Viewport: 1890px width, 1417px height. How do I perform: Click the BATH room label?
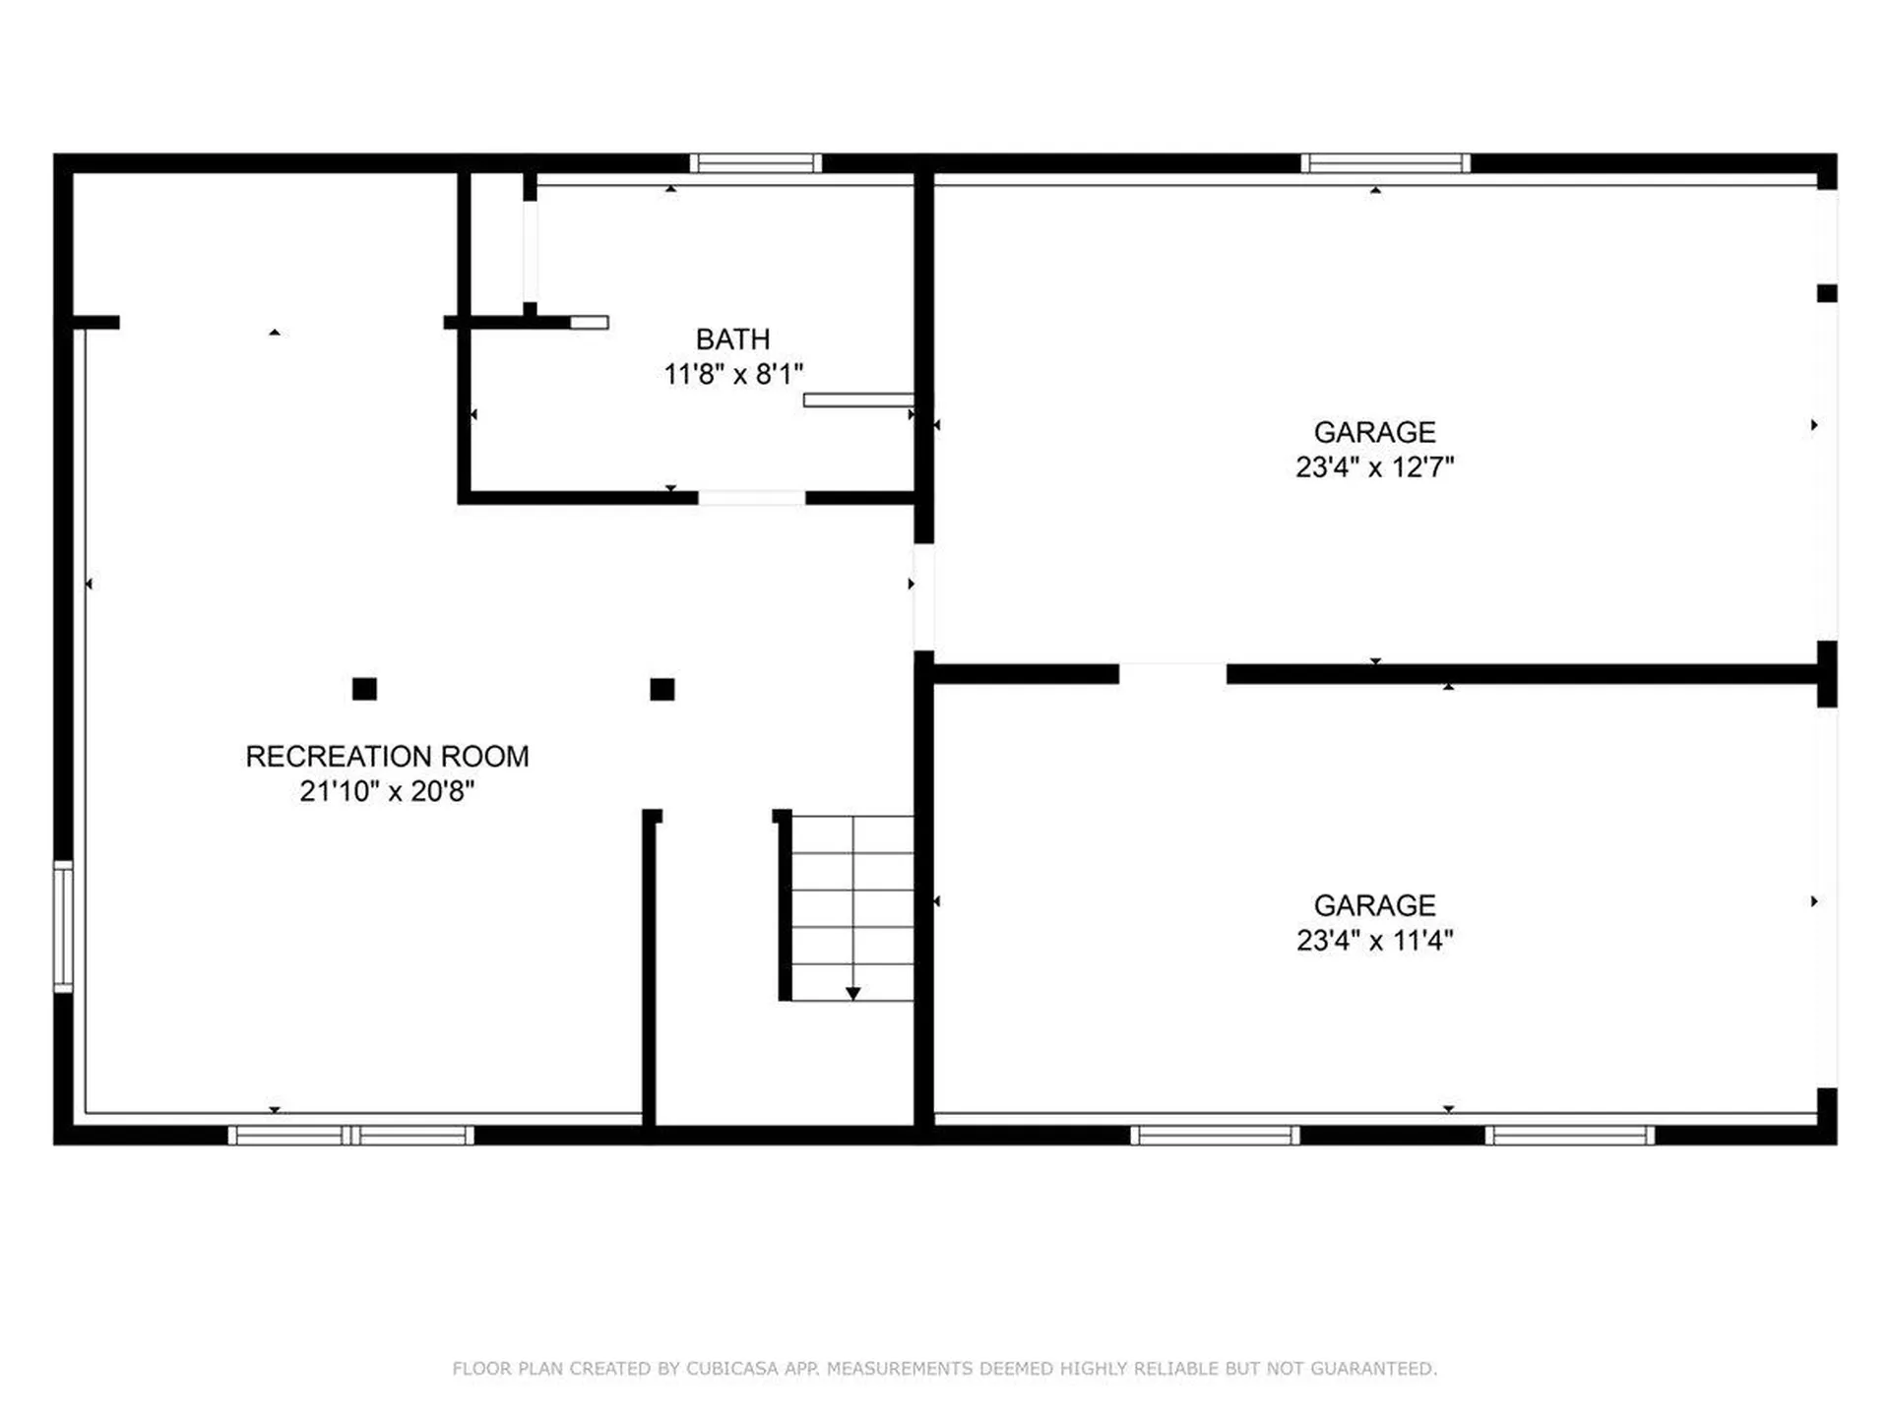pos(732,339)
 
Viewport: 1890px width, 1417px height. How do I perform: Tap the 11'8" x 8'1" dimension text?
pos(732,374)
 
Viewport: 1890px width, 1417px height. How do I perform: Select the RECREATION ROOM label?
pos(387,756)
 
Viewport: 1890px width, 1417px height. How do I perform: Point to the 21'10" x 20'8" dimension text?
pos(387,791)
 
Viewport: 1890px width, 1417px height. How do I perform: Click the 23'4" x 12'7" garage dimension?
pos(1374,467)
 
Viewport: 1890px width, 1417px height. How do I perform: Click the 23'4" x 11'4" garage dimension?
pos(1374,941)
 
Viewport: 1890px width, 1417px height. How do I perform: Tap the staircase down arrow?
pos(852,993)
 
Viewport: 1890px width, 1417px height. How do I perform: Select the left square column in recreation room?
pos(364,689)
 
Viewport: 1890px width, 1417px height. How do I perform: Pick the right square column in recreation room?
pos(662,689)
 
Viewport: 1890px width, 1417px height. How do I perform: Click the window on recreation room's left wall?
pos(63,926)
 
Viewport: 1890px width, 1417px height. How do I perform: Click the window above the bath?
pos(755,163)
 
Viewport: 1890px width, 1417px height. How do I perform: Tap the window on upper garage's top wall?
pos(1385,163)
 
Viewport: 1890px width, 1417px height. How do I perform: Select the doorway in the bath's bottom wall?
pos(752,498)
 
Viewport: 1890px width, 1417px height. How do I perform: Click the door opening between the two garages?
pos(1172,674)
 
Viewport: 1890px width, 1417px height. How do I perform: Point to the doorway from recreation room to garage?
pos(923,596)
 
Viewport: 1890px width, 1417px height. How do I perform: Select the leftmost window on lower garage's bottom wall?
pos(1215,1136)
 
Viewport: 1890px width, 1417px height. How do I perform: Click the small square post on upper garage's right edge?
pos(1827,293)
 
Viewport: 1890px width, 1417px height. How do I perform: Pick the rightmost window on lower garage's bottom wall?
pos(1569,1136)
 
